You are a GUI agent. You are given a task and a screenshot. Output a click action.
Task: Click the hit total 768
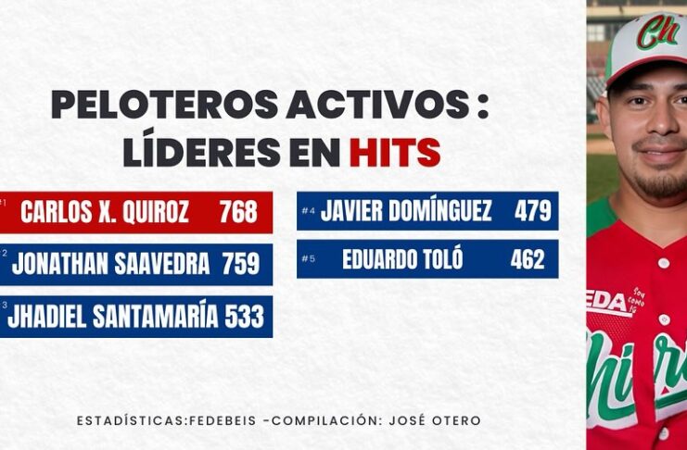[238, 212]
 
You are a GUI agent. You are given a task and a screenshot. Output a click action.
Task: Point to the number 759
[240, 264]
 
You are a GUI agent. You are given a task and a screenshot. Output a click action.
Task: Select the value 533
[245, 317]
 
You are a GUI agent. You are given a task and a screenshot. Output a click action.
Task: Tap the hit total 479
[532, 211]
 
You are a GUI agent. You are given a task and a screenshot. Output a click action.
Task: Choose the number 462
[528, 259]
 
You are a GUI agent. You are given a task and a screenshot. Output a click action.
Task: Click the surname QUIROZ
[156, 212]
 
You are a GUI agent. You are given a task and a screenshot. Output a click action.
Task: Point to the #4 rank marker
[309, 211]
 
